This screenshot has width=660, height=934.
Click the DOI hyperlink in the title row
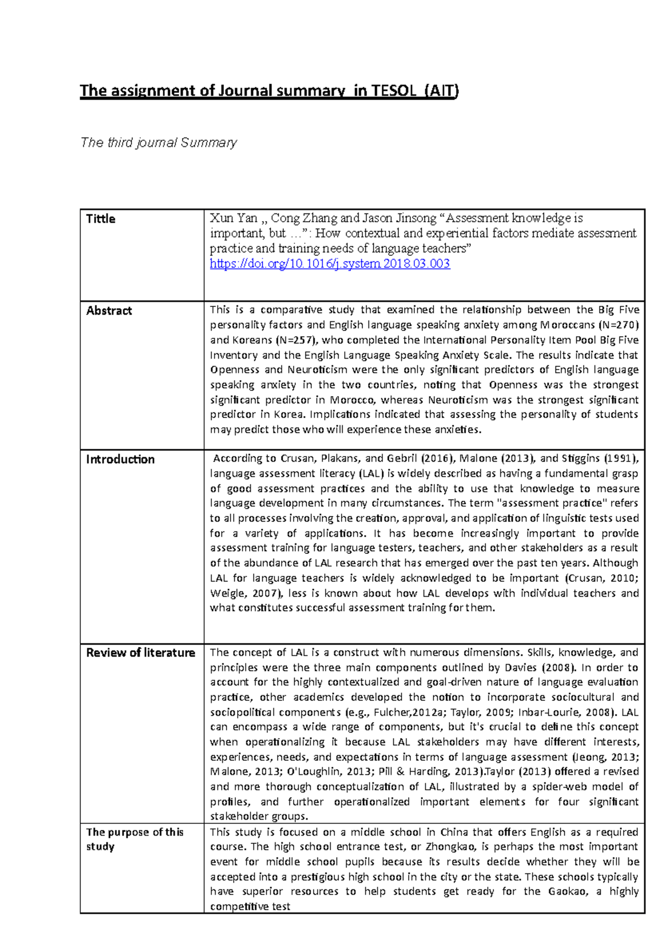pyautogui.click(x=330, y=264)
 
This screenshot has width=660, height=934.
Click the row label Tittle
pyautogui.click(x=101, y=219)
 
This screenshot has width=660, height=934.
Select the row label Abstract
pyautogui.click(x=109, y=311)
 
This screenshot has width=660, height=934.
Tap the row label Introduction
pyautogui.click(x=120, y=459)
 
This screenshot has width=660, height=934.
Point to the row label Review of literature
pyautogui.click(x=140, y=653)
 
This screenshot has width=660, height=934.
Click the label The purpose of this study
pyautogui.click(x=134, y=839)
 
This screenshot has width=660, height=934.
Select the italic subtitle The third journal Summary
pyautogui.click(x=158, y=143)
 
